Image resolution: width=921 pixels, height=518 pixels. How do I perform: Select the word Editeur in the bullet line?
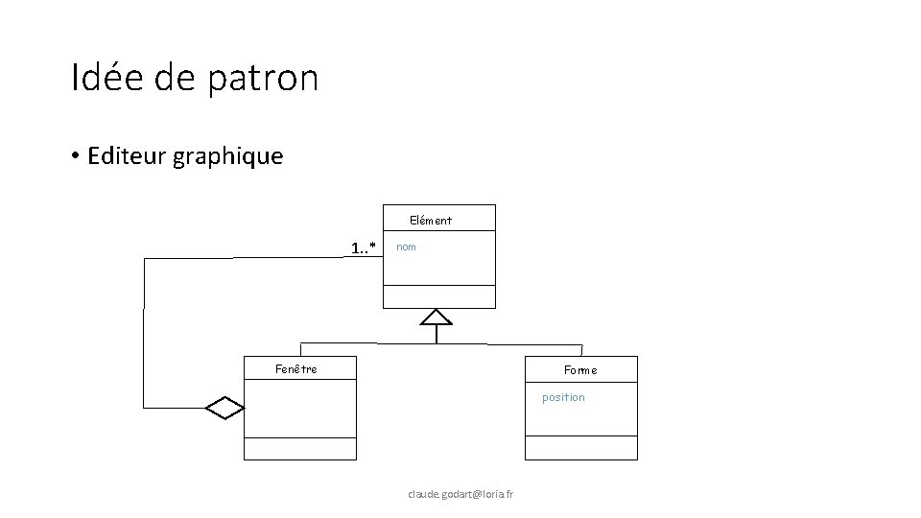click(127, 155)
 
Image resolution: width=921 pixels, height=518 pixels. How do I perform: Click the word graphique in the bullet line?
click(228, 156)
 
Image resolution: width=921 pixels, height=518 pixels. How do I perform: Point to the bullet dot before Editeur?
click(75, 156)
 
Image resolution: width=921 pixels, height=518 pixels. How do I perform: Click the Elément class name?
click(431, 221)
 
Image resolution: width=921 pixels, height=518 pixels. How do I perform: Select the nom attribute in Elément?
click(407, 247)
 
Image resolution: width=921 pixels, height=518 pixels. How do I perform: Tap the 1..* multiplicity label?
click(363, 249)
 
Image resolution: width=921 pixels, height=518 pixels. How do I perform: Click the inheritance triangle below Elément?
click(437, 318)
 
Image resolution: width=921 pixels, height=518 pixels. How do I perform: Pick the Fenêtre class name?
click(296, 368)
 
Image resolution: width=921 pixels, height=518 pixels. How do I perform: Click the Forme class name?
click(580, 370)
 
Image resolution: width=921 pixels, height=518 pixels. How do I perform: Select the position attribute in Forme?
click(563, 397)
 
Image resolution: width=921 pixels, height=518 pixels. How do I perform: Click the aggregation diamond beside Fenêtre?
click(225, 408)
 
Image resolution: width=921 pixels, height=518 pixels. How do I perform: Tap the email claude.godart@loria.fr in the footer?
click(460, 494)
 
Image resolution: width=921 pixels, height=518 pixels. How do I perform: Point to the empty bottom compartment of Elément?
click(439, 296)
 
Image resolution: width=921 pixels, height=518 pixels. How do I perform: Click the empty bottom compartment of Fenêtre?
click(299, 449)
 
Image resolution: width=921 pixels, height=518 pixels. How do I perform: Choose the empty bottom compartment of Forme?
click(580, 448)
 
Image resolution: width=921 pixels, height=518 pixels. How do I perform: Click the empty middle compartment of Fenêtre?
click(299, 408)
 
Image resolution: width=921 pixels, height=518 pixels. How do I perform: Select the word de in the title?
click(174, 78)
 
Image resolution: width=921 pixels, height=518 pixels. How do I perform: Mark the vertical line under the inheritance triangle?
click(437, 335)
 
